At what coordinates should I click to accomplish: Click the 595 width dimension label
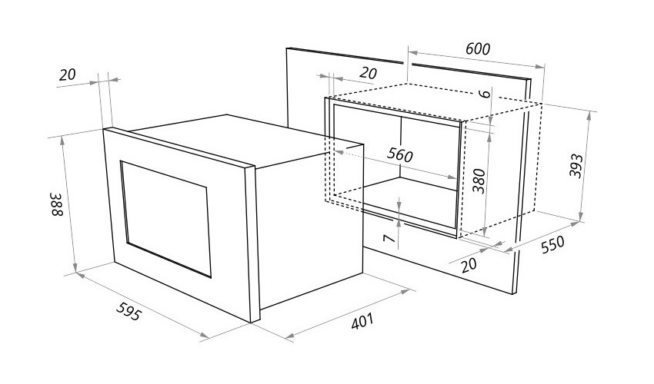(128, 311)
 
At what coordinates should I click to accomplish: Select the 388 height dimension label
(57, 204)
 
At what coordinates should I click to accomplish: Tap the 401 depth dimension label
(362, 321)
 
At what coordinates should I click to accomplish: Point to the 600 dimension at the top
(478, 48)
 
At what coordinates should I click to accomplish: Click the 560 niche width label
(399, 155)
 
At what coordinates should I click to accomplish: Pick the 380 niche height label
(479, 181)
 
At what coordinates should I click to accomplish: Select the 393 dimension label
(576, 165)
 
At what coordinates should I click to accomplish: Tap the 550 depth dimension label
(552, 244)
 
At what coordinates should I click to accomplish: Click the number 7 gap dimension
(389, 238)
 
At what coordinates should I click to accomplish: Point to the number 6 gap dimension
(485, 94)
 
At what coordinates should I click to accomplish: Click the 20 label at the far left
(67, 75)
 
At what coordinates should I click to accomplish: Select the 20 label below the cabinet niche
(469, 265)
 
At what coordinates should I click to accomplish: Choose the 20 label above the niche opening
(368, 73)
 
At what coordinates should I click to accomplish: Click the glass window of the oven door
(166, 219)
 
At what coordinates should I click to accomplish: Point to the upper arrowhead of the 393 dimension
(589, 116)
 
